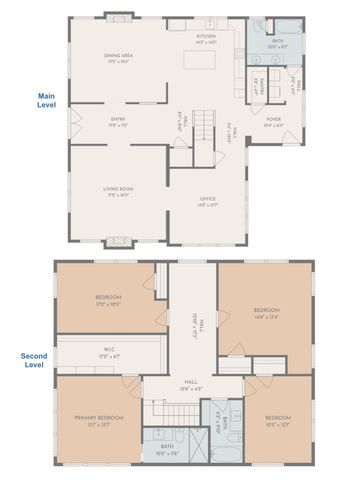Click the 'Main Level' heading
[x=46, y=100]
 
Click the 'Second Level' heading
[x=35, y=359]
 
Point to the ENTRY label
[x=118, y=122]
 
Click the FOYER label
[x=273, y=122]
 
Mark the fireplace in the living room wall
[x=118, y=241]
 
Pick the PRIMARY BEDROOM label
[x=98, y=418]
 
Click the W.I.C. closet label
[x=110, y=352]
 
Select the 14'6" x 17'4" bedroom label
[x=265, y=312]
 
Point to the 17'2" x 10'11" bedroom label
[x=108, y=299]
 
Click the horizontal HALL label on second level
[x=190, y=386]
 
